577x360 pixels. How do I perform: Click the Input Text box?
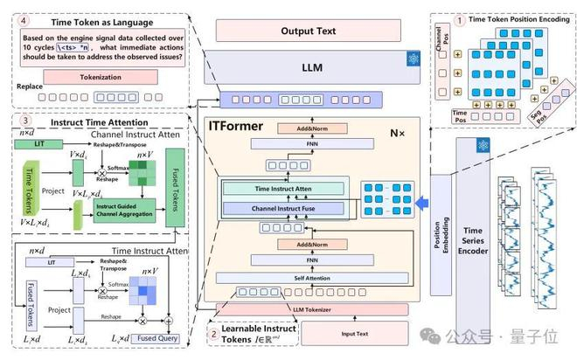(x=355, y=333)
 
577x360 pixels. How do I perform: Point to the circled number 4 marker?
(x=24, y=18)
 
